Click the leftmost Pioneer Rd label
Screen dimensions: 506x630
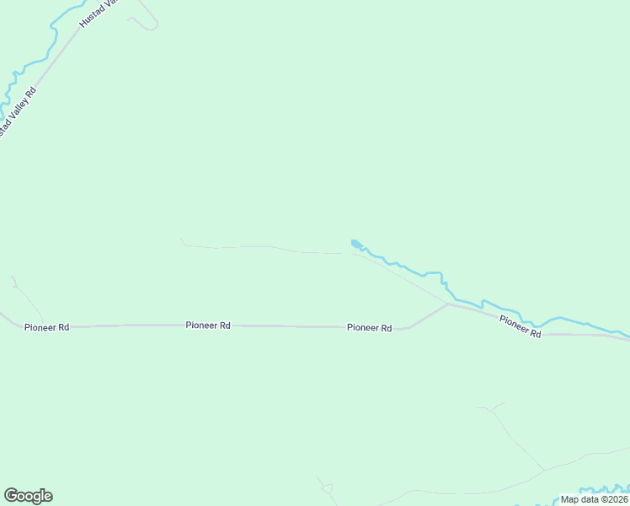click(46, 327)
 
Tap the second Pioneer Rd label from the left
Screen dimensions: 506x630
click(208, 325)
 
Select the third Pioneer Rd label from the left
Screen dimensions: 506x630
click(369, 328)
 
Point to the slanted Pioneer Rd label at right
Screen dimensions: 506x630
click(520, 326)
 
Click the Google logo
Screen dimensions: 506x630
click(28, 496)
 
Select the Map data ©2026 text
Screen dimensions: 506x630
click(594, 499)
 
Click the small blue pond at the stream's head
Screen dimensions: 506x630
click(356, 245)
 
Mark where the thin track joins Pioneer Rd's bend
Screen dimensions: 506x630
click(447, 304)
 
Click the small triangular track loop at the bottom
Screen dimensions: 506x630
click(327, 488)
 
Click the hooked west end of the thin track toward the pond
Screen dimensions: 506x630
click(182, 241)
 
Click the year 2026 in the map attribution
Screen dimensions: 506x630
click(615, 499)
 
